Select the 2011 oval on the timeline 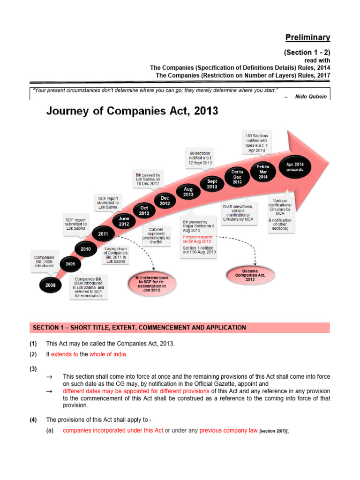(x=103, y=233)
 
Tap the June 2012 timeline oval (x=124, y=221)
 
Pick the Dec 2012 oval (x=165, y=201)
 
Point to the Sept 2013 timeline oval (x=212, y=184)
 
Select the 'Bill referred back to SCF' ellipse (x=149, y=284)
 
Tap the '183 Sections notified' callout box (x=256, y=142)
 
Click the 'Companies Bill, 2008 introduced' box (x=44, y=261)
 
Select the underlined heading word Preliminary (x=308, y=37)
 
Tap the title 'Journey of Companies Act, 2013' (x=132, y=111)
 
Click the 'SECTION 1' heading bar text (x=138, y=327)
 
